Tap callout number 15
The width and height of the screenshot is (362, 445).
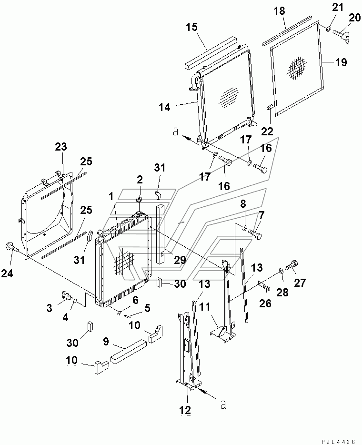coord(192,28)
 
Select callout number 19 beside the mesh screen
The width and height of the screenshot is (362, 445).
coord(342,62)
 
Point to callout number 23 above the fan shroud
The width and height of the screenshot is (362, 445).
coord(61,146)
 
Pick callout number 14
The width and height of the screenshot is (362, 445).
coord(164,107)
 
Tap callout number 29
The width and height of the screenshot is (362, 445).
coord(180,259)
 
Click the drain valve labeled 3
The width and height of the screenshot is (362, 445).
coord(66,295)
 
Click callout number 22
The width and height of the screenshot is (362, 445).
coord(267,131)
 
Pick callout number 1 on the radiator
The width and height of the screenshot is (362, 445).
coord(111,196)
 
